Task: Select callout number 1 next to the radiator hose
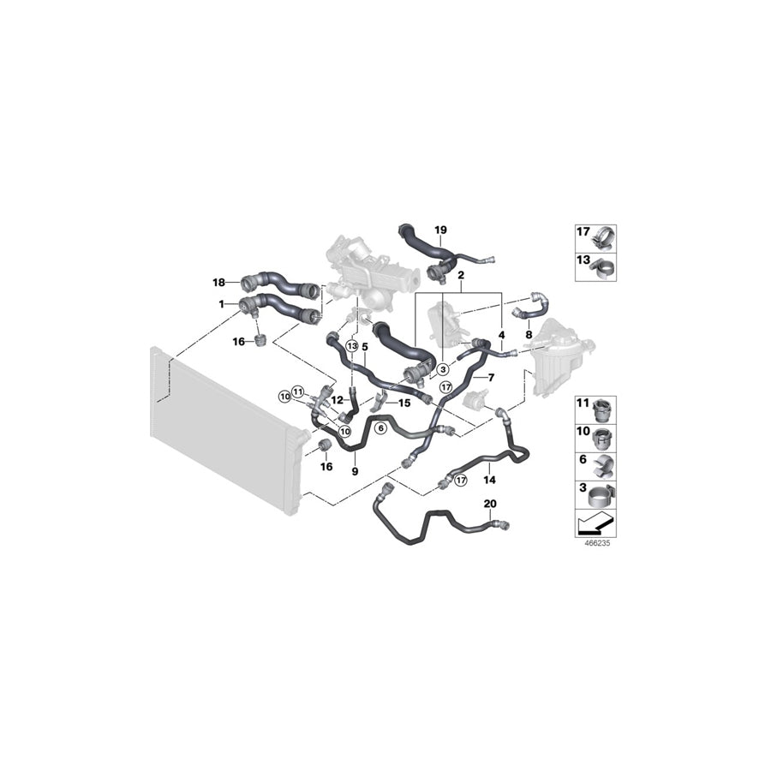click(x=221, y=303)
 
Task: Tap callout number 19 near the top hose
click(x=440, y=230)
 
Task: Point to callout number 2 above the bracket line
click(x=461, y=276)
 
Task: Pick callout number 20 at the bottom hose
click(x=489, y=504)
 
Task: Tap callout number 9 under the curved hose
click(x=354, y=470)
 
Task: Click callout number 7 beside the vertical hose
click(x=491, y=378)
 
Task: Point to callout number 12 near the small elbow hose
click(x=337, y=399)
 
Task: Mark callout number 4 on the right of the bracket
click(x=501, y=335)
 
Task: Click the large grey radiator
click(x=223, y=428)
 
